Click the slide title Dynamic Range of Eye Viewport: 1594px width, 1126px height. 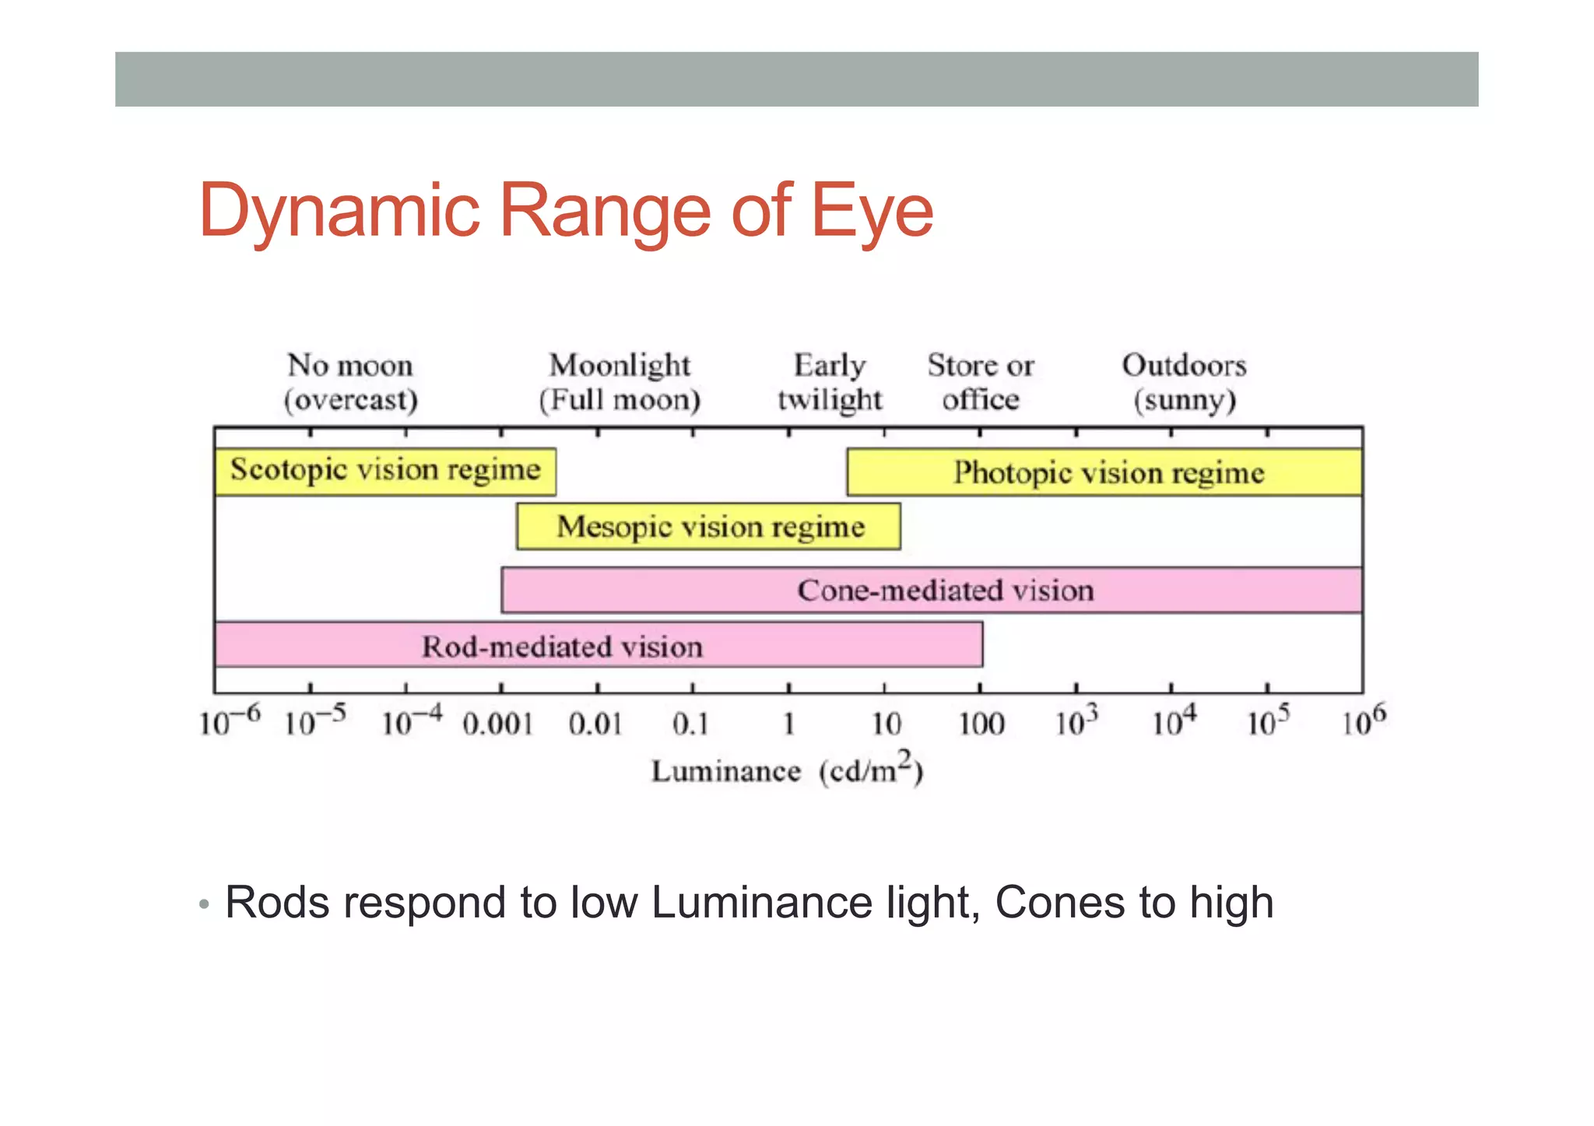(566, 210)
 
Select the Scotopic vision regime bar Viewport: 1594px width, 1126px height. (385, 471)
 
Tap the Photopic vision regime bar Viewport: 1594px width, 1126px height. (1105, 472)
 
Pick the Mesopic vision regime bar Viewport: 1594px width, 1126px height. (709, 527)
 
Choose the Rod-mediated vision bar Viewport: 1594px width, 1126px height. (598, 645)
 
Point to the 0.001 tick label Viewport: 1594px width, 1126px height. (498, 724)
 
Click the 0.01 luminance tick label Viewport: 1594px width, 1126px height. (595, 724)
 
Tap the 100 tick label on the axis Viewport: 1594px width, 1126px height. (981, 724)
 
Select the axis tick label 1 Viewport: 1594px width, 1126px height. (788, 724)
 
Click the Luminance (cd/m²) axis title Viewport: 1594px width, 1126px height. (787, 770)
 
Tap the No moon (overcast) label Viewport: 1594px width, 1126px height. (350, 382)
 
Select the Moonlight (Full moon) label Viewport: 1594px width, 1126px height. (620, 382)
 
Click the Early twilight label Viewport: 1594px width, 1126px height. (830, 382)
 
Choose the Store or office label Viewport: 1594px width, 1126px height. (981, 382)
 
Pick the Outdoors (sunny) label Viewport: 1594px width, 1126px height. (1184, 382)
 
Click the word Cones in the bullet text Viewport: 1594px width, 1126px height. (1060, 903)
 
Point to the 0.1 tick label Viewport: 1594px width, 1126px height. (691, 724)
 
